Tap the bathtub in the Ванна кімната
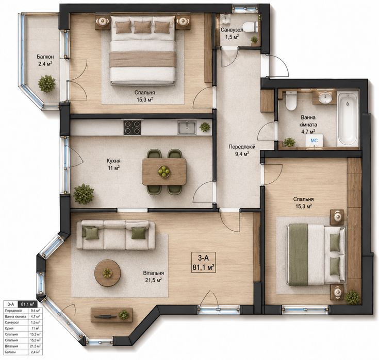click(348, 119)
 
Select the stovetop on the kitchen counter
click(133, 128)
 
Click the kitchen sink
click(187, 127)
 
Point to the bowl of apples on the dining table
click(164, 172)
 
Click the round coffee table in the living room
click(108, 273)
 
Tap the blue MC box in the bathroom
click(314, 141)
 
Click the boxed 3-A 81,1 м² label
click(203, 262)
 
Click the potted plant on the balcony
click(46, 84)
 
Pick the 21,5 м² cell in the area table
click(35, 346)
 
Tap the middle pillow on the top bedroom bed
click(142, 27)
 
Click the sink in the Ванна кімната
click(325, 98)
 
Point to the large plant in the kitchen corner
click(84, 194)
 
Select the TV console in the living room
click(111, 315)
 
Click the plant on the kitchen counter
click(205, 127)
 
